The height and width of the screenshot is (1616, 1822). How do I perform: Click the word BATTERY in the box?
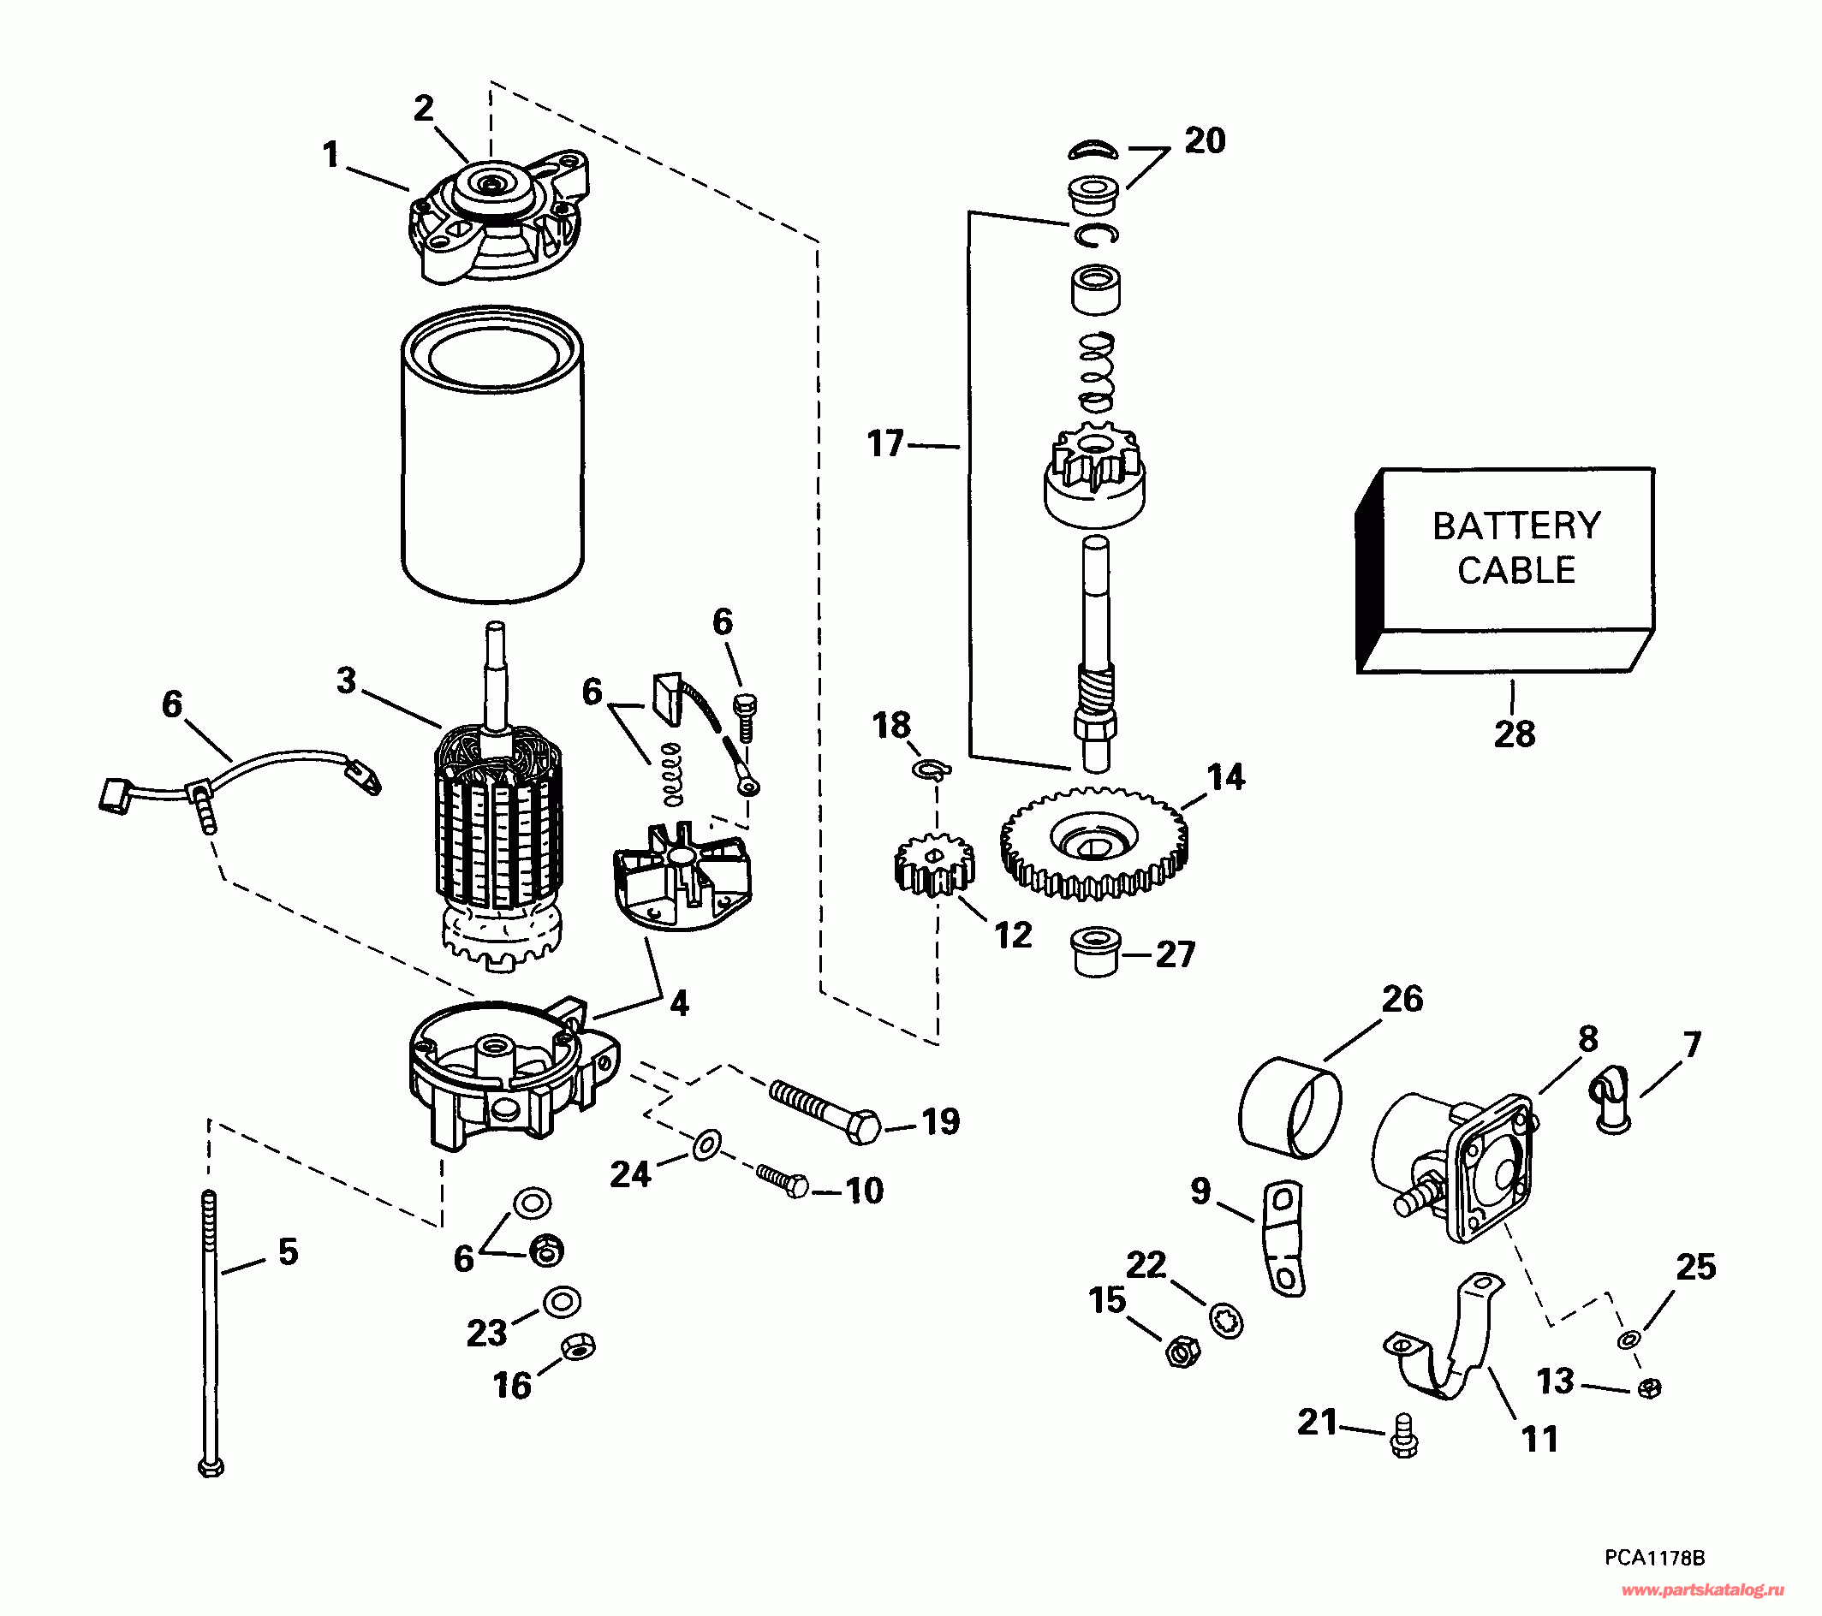(1516, 526)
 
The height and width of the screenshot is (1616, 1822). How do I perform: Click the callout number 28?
(1515, 734)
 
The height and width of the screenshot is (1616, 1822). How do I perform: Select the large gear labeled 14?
(1093, 841)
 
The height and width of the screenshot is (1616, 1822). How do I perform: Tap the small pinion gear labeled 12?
(933, 864)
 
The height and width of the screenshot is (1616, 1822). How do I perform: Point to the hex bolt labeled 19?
(825, 1110)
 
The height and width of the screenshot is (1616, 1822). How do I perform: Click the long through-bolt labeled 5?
(211, 1337)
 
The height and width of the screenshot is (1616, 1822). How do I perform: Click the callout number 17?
(885, 444)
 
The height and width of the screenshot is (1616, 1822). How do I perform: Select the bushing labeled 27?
(1096, 954)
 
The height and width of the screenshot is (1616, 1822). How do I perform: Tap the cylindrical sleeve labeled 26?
(1289, 1108)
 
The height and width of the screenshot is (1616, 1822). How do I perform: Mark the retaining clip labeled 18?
(932, 769)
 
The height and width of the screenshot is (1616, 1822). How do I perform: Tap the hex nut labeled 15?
(1182, 1353)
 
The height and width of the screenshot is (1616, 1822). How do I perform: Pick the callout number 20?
(1205, 141)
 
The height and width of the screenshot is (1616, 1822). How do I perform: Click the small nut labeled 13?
(1650, 1387)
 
